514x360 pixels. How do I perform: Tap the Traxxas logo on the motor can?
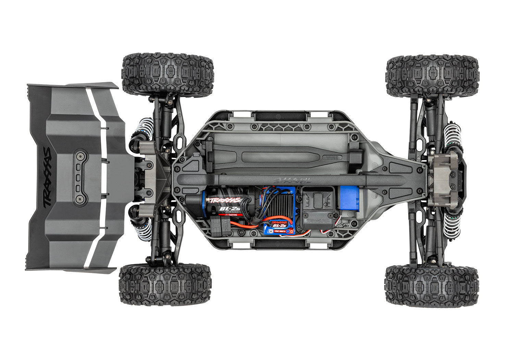coord(225,200)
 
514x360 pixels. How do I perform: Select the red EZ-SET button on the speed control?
coord(291,231)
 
